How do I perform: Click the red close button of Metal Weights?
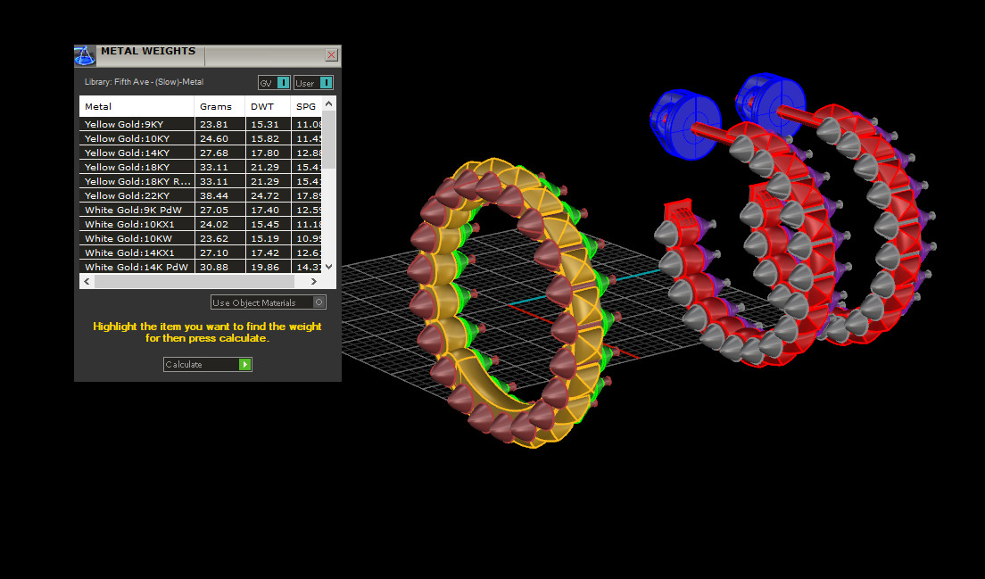pos(331,55)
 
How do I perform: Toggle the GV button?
pos(274,83)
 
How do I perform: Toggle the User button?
pos(313,83)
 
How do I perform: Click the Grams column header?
pos(216,107)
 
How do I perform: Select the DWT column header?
pos(262,107)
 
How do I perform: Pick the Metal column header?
pos(98,107)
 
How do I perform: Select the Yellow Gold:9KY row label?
pos(127,125)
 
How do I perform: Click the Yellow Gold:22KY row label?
pos(127,196)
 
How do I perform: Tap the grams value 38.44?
pos(214,196)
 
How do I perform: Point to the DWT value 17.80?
pos(265,153)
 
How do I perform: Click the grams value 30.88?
pos(214,268)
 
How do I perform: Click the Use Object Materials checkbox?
pos(319,302)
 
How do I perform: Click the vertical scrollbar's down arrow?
pos(329,266)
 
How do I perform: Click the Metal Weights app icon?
pos(85,56)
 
